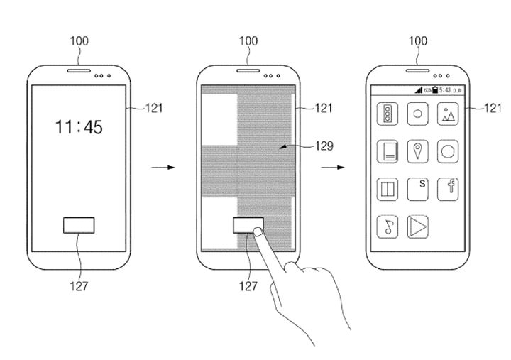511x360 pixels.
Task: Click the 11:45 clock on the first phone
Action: tap(79, 127)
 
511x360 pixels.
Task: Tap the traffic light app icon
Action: tap(388, 114)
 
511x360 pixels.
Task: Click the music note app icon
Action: tap(388, 227)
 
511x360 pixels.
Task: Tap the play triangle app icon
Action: tap(418, 227)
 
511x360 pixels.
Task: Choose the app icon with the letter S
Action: tap(419, 188)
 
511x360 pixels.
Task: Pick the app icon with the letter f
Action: tap(449, 188)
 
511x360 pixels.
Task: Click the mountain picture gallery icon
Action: tap(449, 114)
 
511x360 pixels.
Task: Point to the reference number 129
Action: tap(323, 146)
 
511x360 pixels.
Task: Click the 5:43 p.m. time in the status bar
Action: tap(451, 90)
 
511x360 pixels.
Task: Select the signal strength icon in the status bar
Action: tap(419, 90)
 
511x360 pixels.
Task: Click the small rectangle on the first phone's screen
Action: tap(79, 225)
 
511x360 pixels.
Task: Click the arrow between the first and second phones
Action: tap(163, 168)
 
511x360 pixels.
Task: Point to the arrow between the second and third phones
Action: tap(331, 168)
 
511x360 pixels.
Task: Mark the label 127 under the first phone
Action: tap(79, 287)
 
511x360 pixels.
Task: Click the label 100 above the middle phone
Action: tap(248, 40)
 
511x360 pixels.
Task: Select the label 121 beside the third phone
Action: tap(493, 108)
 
